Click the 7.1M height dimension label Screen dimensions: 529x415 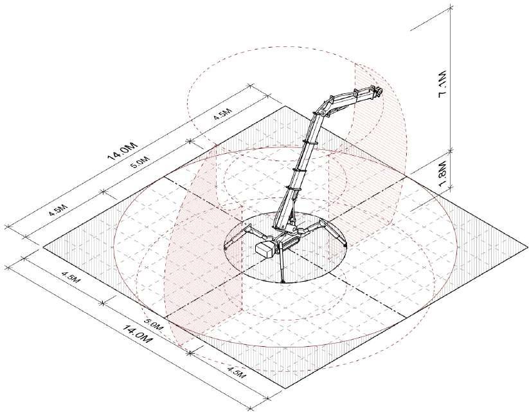point(443,84)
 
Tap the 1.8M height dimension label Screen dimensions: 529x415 point(443,172)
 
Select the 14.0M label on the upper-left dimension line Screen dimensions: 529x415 point(123,151)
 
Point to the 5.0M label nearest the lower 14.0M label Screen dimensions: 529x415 point(153,325)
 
